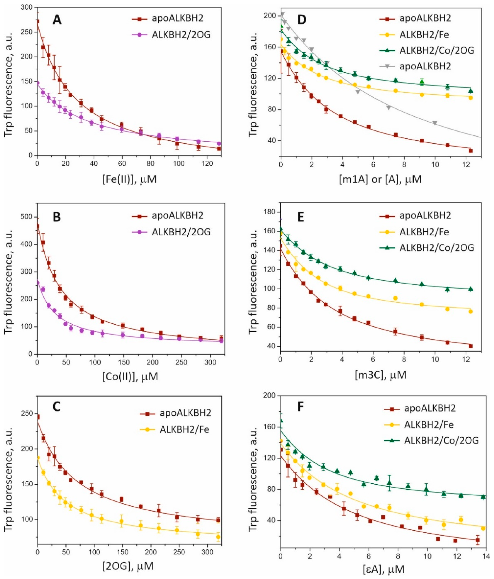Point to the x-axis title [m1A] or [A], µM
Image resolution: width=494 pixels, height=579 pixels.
coord(380,179)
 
